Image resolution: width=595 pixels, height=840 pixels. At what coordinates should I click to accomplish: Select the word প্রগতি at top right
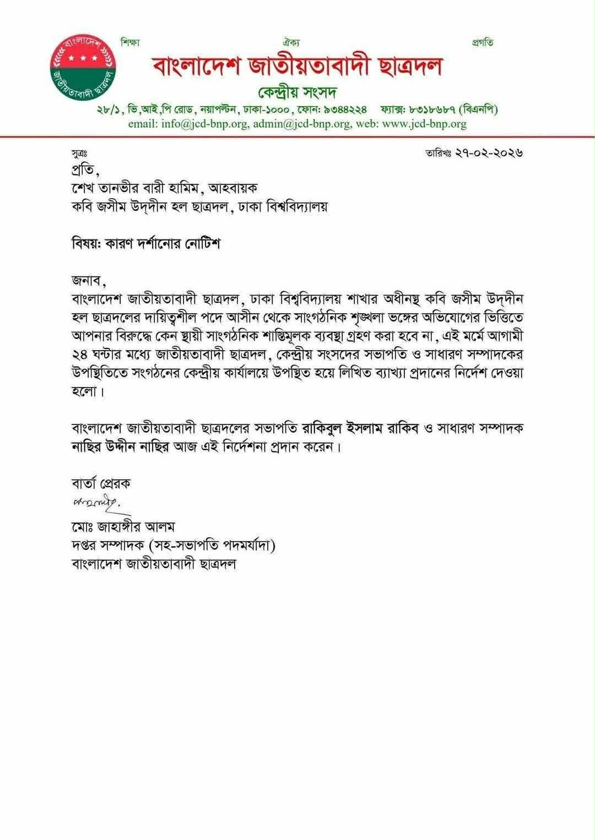click(483, 42)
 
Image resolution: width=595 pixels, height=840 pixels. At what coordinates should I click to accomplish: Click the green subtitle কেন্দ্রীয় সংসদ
click(297, 90)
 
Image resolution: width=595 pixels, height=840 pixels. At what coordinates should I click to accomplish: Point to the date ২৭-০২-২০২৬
click(489, 152)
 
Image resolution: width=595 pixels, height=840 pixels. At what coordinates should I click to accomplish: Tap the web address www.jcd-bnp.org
click(424, 123)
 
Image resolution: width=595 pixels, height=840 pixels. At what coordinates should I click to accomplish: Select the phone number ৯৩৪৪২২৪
click(342, 109)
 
